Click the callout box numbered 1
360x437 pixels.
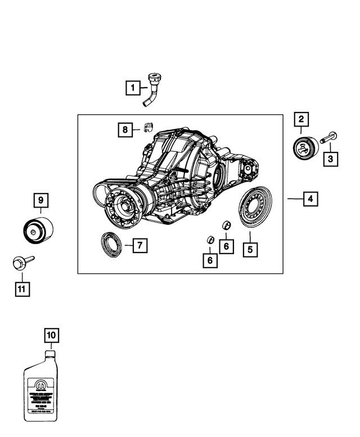pyautogui.click(x=132, y=88)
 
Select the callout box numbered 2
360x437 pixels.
pyautogui.click(x=301, y=119)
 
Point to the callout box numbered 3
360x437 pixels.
pyautogui.click(x=330, y=160)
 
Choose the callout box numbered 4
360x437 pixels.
pyautogui.click(x=309, y=199)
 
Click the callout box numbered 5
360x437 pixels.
pyautogui.click(x=251, y=249)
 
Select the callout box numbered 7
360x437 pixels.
pyautogui.click(x=140, y=245)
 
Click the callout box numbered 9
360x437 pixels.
pyautogui.click(x=40, y=200)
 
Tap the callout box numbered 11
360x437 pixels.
pyautogui.click(x=21, y=289)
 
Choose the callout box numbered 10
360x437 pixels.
pyautogui.click(x=51, y=336)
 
